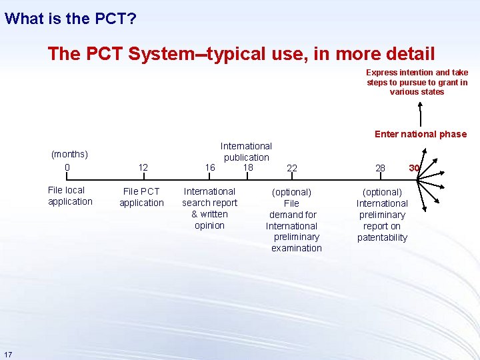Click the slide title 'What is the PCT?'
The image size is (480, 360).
[71, 18]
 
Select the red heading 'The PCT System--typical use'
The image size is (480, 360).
[241, 54]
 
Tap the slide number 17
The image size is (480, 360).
[7, 353]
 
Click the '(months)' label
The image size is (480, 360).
[69, 155]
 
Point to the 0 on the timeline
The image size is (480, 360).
[67, 167]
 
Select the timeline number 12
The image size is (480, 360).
[143, 168]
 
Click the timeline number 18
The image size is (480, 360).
[248, 167]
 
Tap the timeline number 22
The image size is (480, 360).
[292, 169]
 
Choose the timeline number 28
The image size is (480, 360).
[380, 168]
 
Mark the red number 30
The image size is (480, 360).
[414, 168]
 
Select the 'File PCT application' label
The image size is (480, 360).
[141, 197]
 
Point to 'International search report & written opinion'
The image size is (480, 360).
[209, 209]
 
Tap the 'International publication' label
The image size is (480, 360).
[246, 151]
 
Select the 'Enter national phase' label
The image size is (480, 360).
[420, 134]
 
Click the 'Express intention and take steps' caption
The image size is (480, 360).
[417, 82]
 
